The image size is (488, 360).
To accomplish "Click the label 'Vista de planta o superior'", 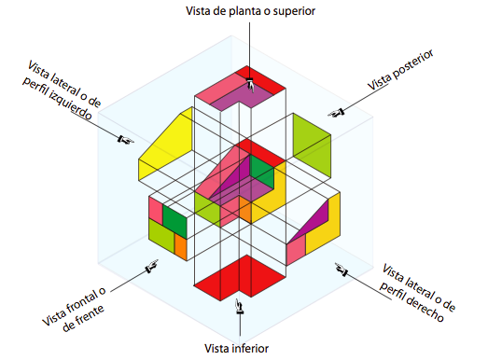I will (x=249, y=11).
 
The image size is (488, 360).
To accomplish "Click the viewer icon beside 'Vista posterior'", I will (x=338, y=113).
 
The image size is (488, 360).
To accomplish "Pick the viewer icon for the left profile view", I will (x=124, y=140).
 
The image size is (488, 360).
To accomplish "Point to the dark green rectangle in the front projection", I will (x=175, y=220).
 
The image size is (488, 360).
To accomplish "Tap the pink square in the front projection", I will (x=156, y=208).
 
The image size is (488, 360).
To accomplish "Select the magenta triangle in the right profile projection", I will (x=320, y=218).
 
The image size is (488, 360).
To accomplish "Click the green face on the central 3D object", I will (x=262, y=177).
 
